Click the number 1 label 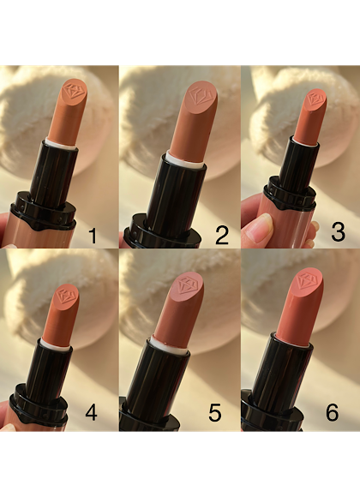pyautogui.click(x=93, y=236)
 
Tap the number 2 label pyautogui.click(x=222, y=236)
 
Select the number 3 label pyautogui.click(x=338, y=232)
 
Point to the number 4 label pyautogui.click(x=92, y=413)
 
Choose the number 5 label pyautogui.click(x=215, y=413)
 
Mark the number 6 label pyautogui.click(x=332, y=413)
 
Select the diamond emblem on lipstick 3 pyautogui.click(x=315, y=98)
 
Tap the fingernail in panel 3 pyautogui.click(x=263, y=227)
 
